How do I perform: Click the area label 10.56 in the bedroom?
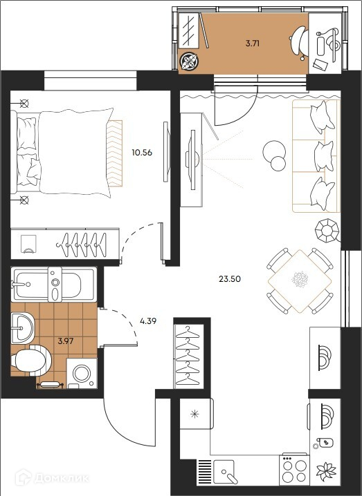pos(142,153)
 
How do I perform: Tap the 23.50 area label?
pos(230,278)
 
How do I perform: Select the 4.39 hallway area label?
pos(148,321)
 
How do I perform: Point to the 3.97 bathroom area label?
pos(66,341)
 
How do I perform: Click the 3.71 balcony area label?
pos(253,44)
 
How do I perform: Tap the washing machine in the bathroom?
pos(82,373)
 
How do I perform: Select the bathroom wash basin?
pos(22,327)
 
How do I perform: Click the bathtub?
pos(53,284)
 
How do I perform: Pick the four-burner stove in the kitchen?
pos(294,470)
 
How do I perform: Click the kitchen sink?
pos(224,472)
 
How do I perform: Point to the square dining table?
pos(300,281)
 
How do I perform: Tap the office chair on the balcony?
pos(299,43)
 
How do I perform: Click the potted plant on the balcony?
pos(189,61)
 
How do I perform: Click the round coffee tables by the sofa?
pos(275,155)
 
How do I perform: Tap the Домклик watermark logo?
pos(53,477)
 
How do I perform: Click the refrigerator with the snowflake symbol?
pos(196,414)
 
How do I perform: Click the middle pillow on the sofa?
pos(324,156)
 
